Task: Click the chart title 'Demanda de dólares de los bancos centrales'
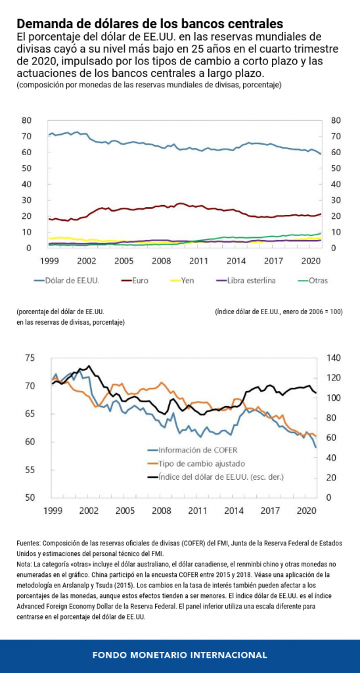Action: click(150, 22)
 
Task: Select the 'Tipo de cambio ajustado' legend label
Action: click(195, 463)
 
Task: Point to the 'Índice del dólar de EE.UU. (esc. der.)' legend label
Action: click(217, 476)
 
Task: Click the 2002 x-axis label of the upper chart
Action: click(87, 260)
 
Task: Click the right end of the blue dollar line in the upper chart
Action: click(321, 154)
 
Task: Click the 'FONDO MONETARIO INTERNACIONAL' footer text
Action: click(180, 655)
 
